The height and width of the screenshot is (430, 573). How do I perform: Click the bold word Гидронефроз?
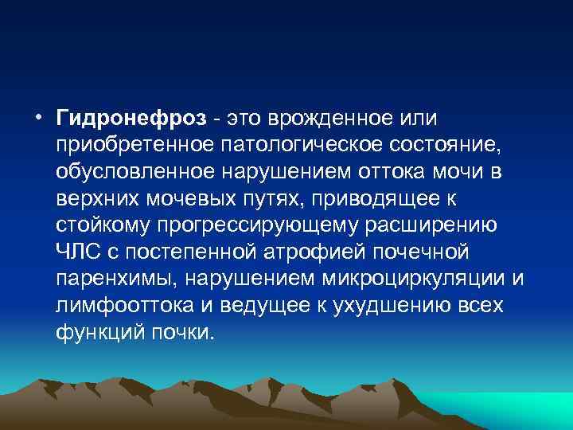click(132, 118)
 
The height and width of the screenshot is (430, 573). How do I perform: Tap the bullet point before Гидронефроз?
click(39, 118)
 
